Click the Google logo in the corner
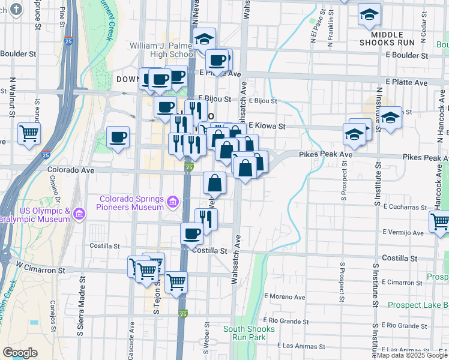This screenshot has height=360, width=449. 20,353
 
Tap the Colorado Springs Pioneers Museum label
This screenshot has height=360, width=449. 131,203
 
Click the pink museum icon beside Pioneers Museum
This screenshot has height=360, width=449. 173,201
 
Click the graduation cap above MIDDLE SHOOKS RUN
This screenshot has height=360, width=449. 370,16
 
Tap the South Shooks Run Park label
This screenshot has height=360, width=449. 249,333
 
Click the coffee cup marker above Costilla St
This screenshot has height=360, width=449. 192,233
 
